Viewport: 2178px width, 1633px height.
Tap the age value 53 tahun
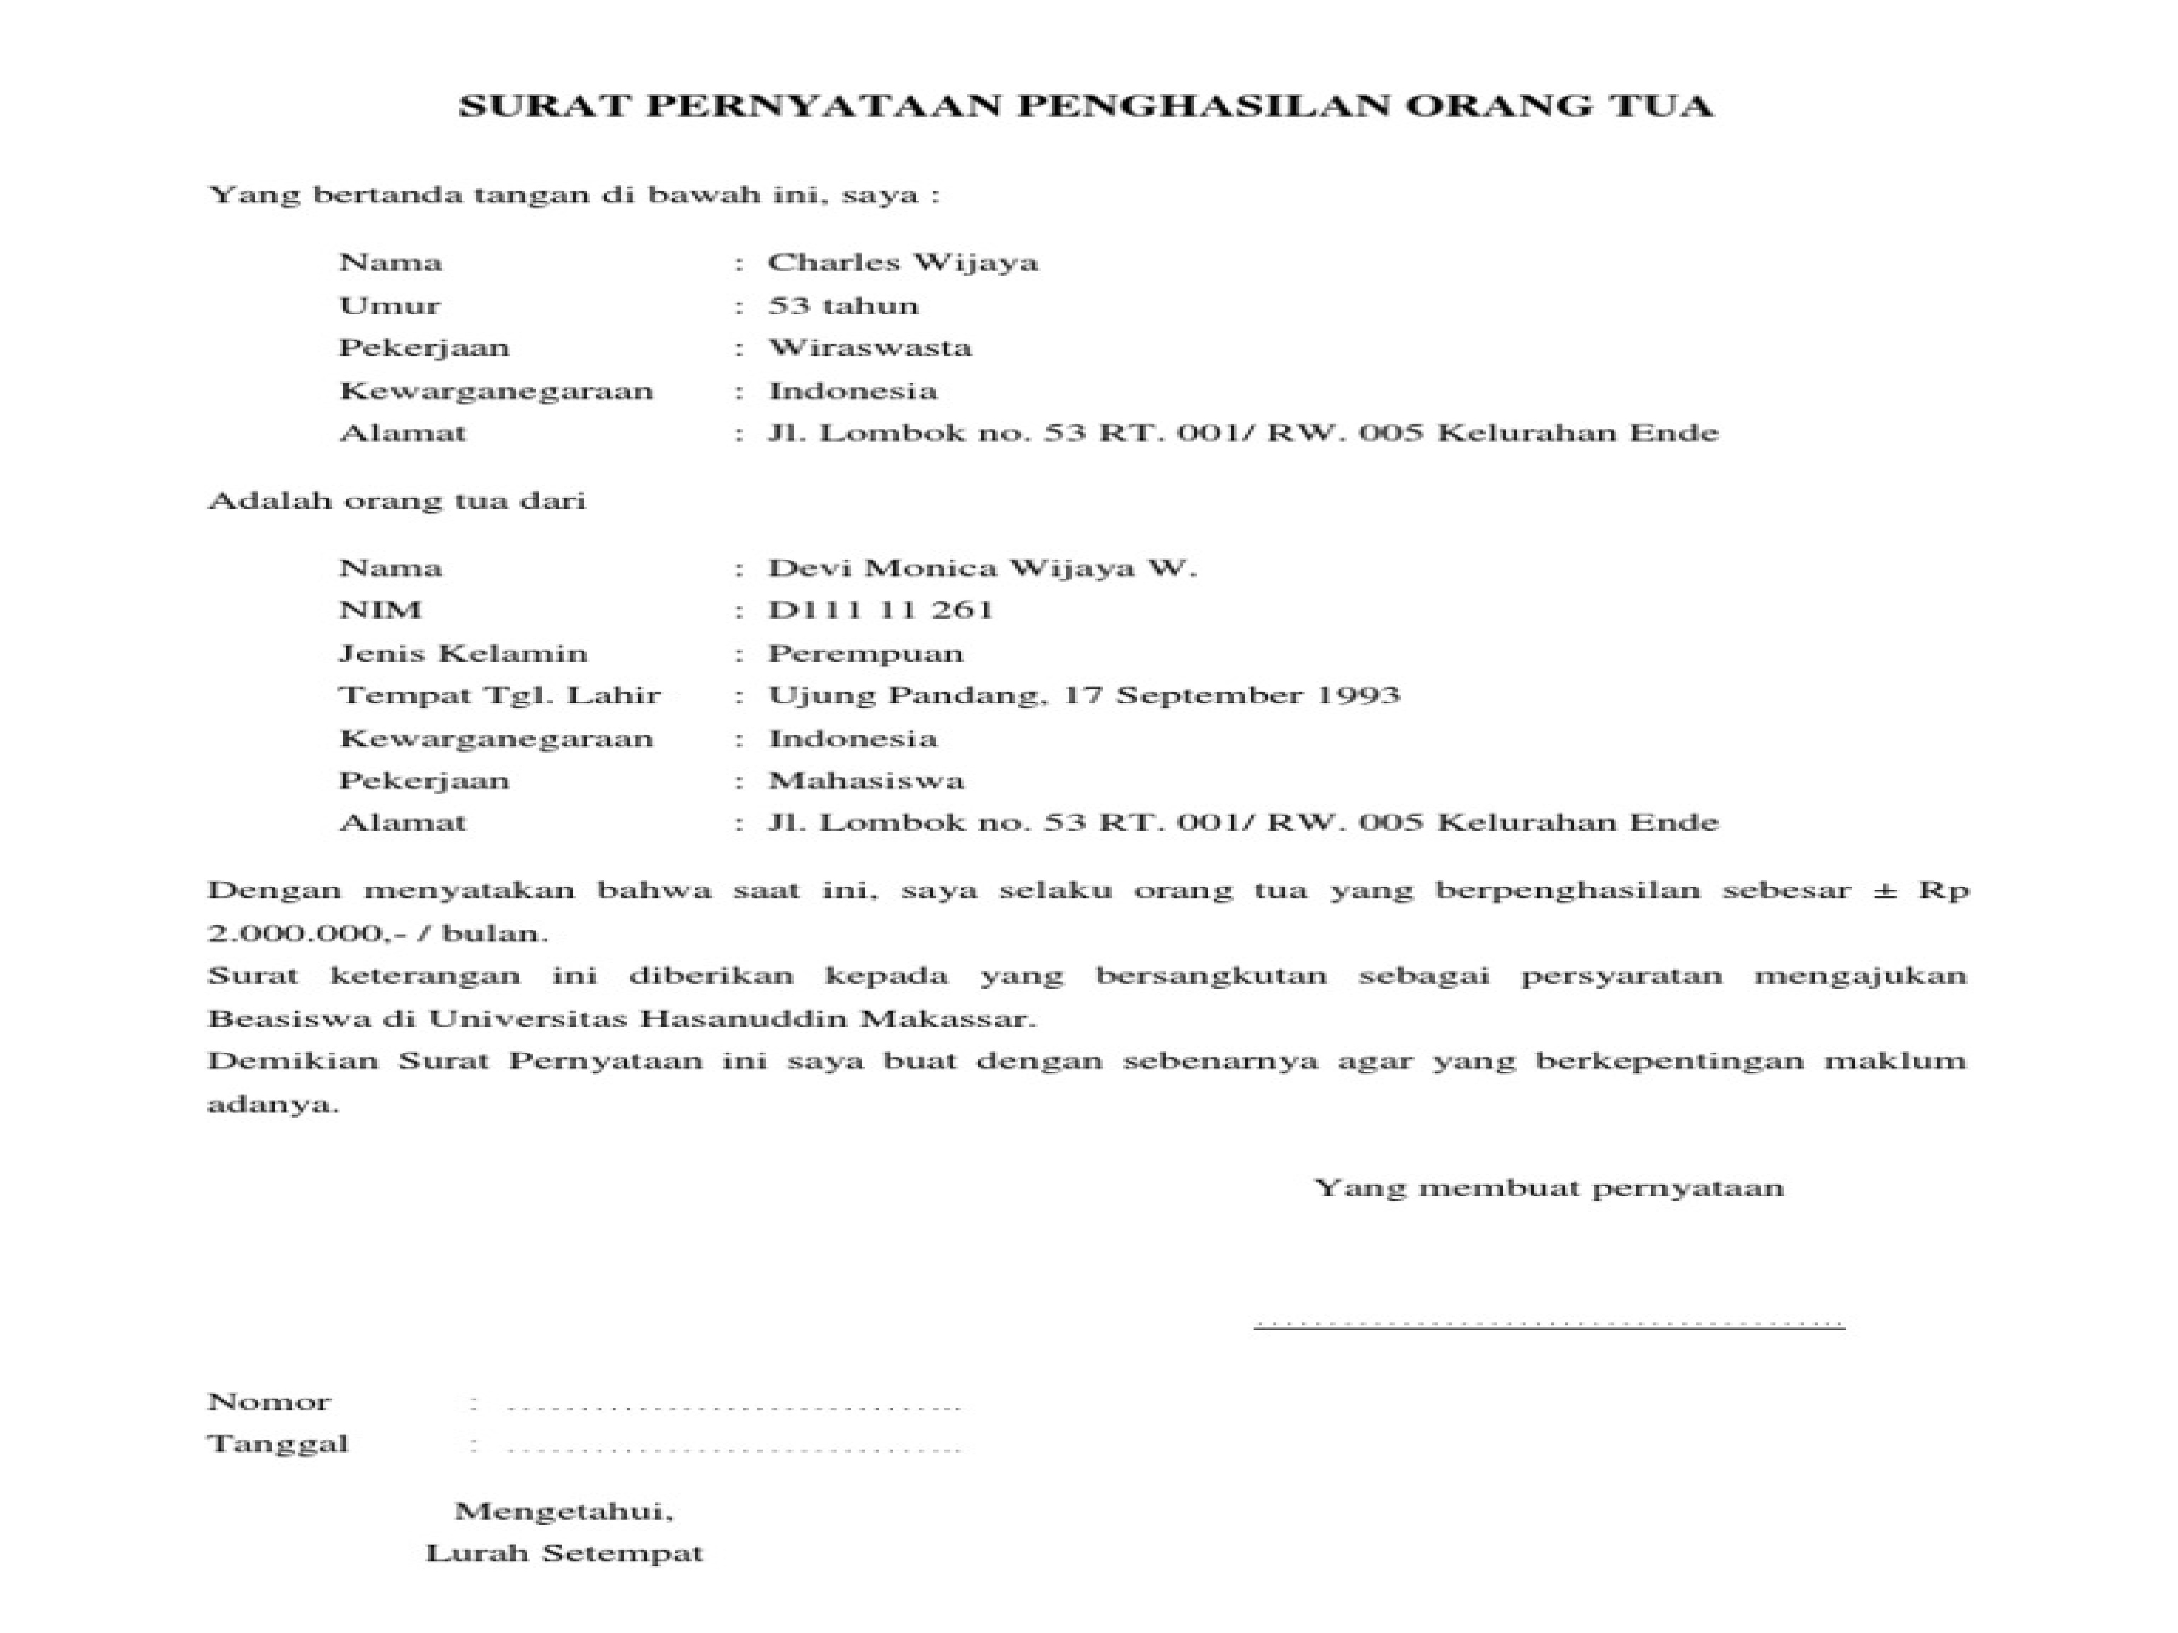coord(843,306)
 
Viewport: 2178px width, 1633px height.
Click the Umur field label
coord(390,306)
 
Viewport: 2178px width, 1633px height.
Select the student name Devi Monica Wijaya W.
coord(982,568)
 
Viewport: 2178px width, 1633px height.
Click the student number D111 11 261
coord(880,610)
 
